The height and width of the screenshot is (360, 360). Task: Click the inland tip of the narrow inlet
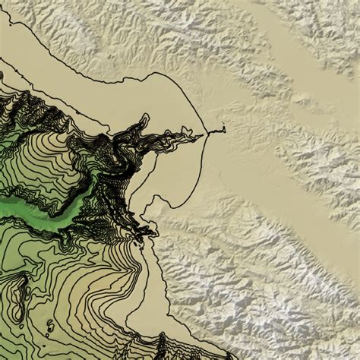pyautogui.click(x=225, y=130)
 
